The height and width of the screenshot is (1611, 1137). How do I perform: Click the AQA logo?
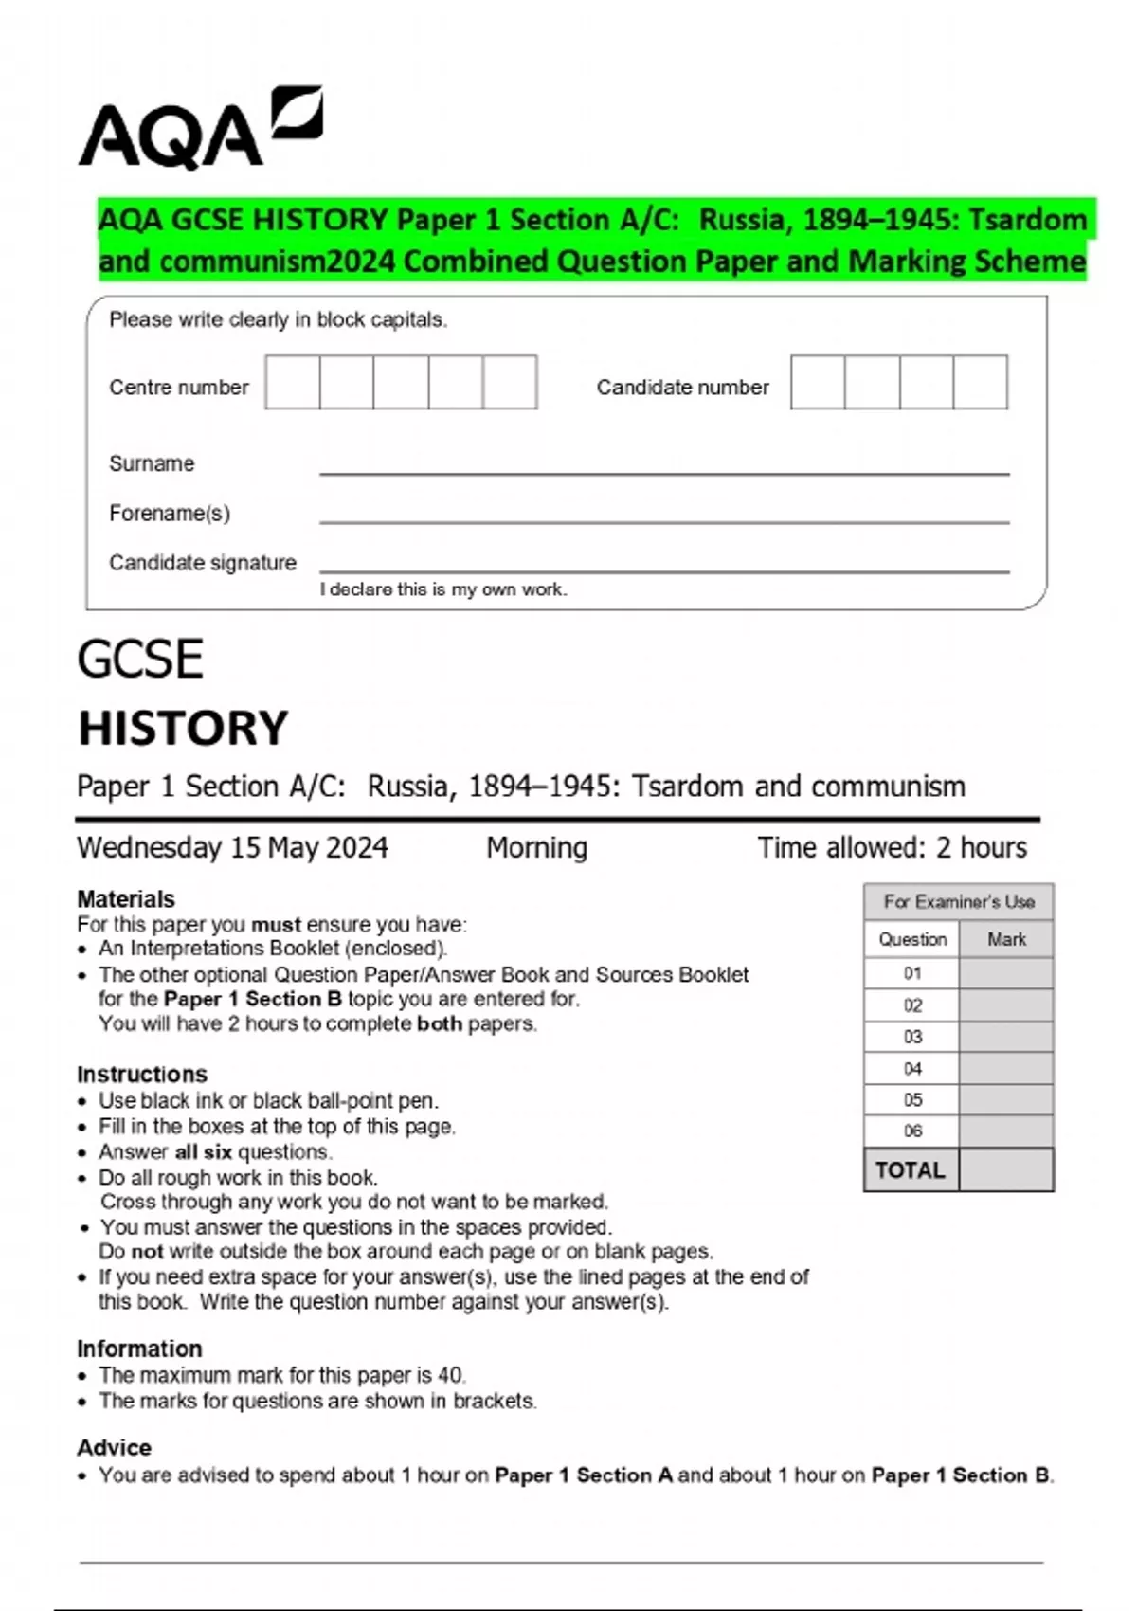click(200, 130)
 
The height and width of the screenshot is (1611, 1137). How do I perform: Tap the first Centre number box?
click(293, 382)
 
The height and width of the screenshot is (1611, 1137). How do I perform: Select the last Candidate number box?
click(980, 382)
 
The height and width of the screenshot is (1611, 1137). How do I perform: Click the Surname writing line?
click(663, 470)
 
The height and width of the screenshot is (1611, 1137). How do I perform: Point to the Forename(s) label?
click(170, 514)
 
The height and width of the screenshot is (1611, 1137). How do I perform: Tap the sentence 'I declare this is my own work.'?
click(443, 589)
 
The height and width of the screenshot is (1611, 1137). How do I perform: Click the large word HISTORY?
click(183, 729)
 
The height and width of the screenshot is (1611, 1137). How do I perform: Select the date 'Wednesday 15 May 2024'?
click(232, 847)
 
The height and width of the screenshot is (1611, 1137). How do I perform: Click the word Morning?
click(536, 847)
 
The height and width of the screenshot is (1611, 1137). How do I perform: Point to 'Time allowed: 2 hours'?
click(892, 847)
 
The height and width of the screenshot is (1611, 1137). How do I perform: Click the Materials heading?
click(126, 898)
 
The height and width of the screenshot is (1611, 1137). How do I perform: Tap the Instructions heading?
click(142, 1074)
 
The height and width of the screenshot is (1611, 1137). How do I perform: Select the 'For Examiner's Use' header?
click(959, 901)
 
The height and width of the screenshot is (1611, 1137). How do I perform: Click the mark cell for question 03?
click(1006, 1037)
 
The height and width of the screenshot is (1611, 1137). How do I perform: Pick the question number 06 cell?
click(912, 1131)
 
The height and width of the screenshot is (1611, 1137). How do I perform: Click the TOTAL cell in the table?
click(911, 1170)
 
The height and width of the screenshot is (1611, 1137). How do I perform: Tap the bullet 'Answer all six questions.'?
click(216, 1152)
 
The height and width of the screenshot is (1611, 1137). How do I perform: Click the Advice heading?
click(115, 1447)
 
